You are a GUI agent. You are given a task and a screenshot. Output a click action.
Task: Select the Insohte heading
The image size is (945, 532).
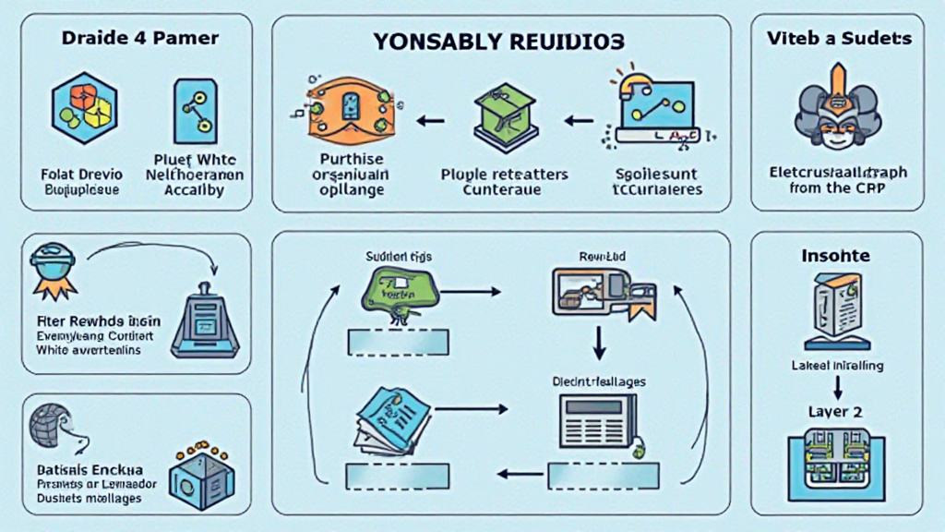point(836,255)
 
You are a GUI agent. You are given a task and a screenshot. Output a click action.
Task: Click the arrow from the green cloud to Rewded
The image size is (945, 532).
point(472,292)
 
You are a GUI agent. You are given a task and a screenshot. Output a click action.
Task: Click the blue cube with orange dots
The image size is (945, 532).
point(202,476)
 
